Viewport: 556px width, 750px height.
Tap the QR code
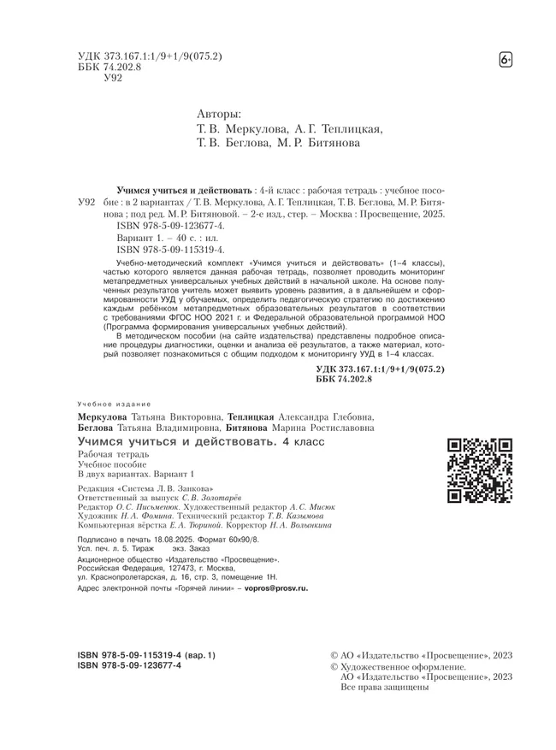[x=480, y=469]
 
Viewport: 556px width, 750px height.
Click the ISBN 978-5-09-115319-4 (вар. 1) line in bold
[x=147, y=655]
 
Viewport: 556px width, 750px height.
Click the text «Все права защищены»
[x=384, y=687]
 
